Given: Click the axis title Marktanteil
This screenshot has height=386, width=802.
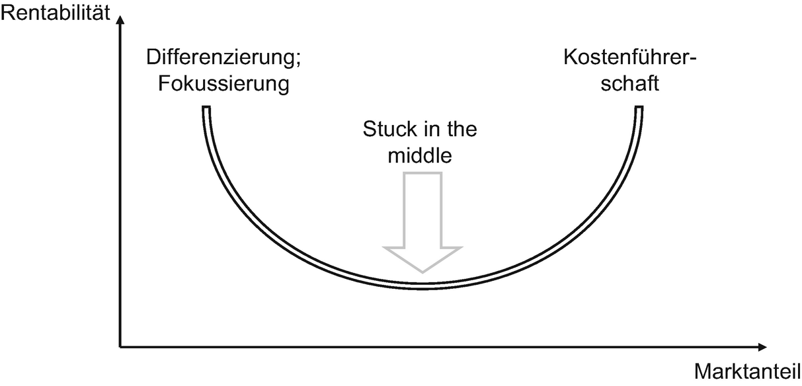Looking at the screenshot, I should (x=748, y=371).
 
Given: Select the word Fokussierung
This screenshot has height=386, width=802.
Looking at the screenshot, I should (x=224, y=85).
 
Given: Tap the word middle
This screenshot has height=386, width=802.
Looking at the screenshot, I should (x=420, y=156).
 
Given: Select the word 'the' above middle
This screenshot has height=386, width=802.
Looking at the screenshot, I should (x=460, y=130).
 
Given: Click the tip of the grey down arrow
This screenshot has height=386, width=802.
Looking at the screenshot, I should (x=421, y=270).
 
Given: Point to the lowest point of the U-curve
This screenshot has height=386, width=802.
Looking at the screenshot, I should (x=422, y=286).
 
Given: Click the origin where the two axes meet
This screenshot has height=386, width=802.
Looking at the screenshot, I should (x=120, y=346).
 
